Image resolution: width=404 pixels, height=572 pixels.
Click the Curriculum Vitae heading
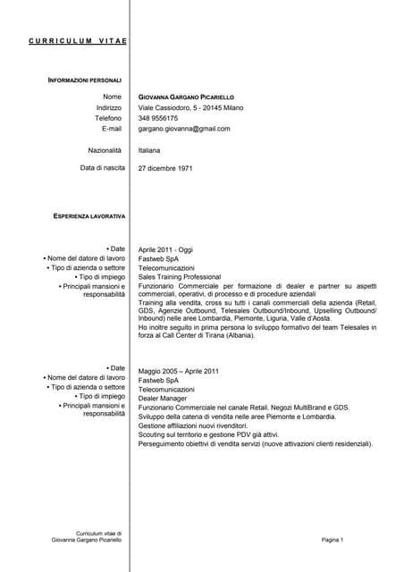pyautogui.click(x=77, y=41)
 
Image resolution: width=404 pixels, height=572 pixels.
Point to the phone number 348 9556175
pyautogui.click(x=158, y=118)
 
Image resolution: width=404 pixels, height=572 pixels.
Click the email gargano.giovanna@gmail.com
pyautogui.click(x=184, y=129)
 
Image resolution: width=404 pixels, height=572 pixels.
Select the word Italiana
pyautogui.click(x=149, y=150)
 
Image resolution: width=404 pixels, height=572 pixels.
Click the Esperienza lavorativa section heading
pyautogui.click(x=89, y=216)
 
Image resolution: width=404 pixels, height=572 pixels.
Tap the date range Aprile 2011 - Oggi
pyautogui.click(x=165, y=250)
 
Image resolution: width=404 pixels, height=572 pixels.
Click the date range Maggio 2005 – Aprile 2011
pyautogui.click(x=179, y=371)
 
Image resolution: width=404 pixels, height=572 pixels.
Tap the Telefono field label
pyautogui.click(x=108, y=118)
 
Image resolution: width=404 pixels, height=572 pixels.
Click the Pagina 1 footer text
pyautogui.click(x=332, y=540)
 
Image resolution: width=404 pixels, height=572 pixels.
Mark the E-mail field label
pyautogui.click(x=112, y=129)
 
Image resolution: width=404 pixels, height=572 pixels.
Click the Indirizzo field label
pyautogui.click(x=109, y=107)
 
